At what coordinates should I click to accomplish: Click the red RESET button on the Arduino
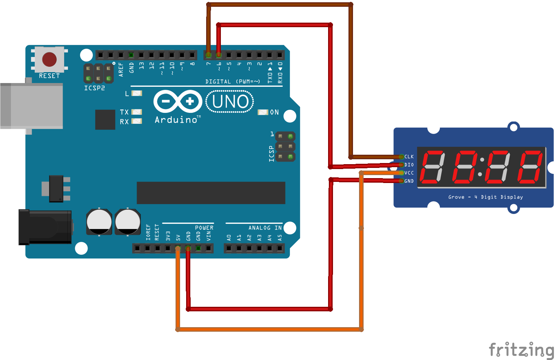click(49, 59)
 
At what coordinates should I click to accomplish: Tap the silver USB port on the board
click(31, 106)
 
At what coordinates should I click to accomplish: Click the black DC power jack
click(45, 227)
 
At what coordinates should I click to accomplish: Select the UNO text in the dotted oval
click(230, 102)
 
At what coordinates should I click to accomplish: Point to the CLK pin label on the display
click(409, 157)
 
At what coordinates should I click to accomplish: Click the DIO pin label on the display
click(409, 165)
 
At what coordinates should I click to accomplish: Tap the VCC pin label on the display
click(409, 173)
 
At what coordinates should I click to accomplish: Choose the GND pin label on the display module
click(409, 181)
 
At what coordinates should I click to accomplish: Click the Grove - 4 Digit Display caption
click(486, 197)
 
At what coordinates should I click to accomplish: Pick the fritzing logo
click(521, 350)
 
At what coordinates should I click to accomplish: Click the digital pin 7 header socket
click(209, 55)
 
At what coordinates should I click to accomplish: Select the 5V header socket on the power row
click(178, 248)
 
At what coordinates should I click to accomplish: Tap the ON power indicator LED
click(263, 112)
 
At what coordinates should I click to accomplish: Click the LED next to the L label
click(137, 93)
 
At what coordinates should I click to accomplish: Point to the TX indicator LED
click(137, 112)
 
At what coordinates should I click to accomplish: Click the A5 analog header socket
click(280, 248)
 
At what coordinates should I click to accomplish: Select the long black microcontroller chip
click(211, 193)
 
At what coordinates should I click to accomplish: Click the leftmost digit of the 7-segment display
click(433, 167)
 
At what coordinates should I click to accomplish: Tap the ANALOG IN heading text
click(265, 228)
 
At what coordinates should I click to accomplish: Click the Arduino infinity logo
click(178, 101)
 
